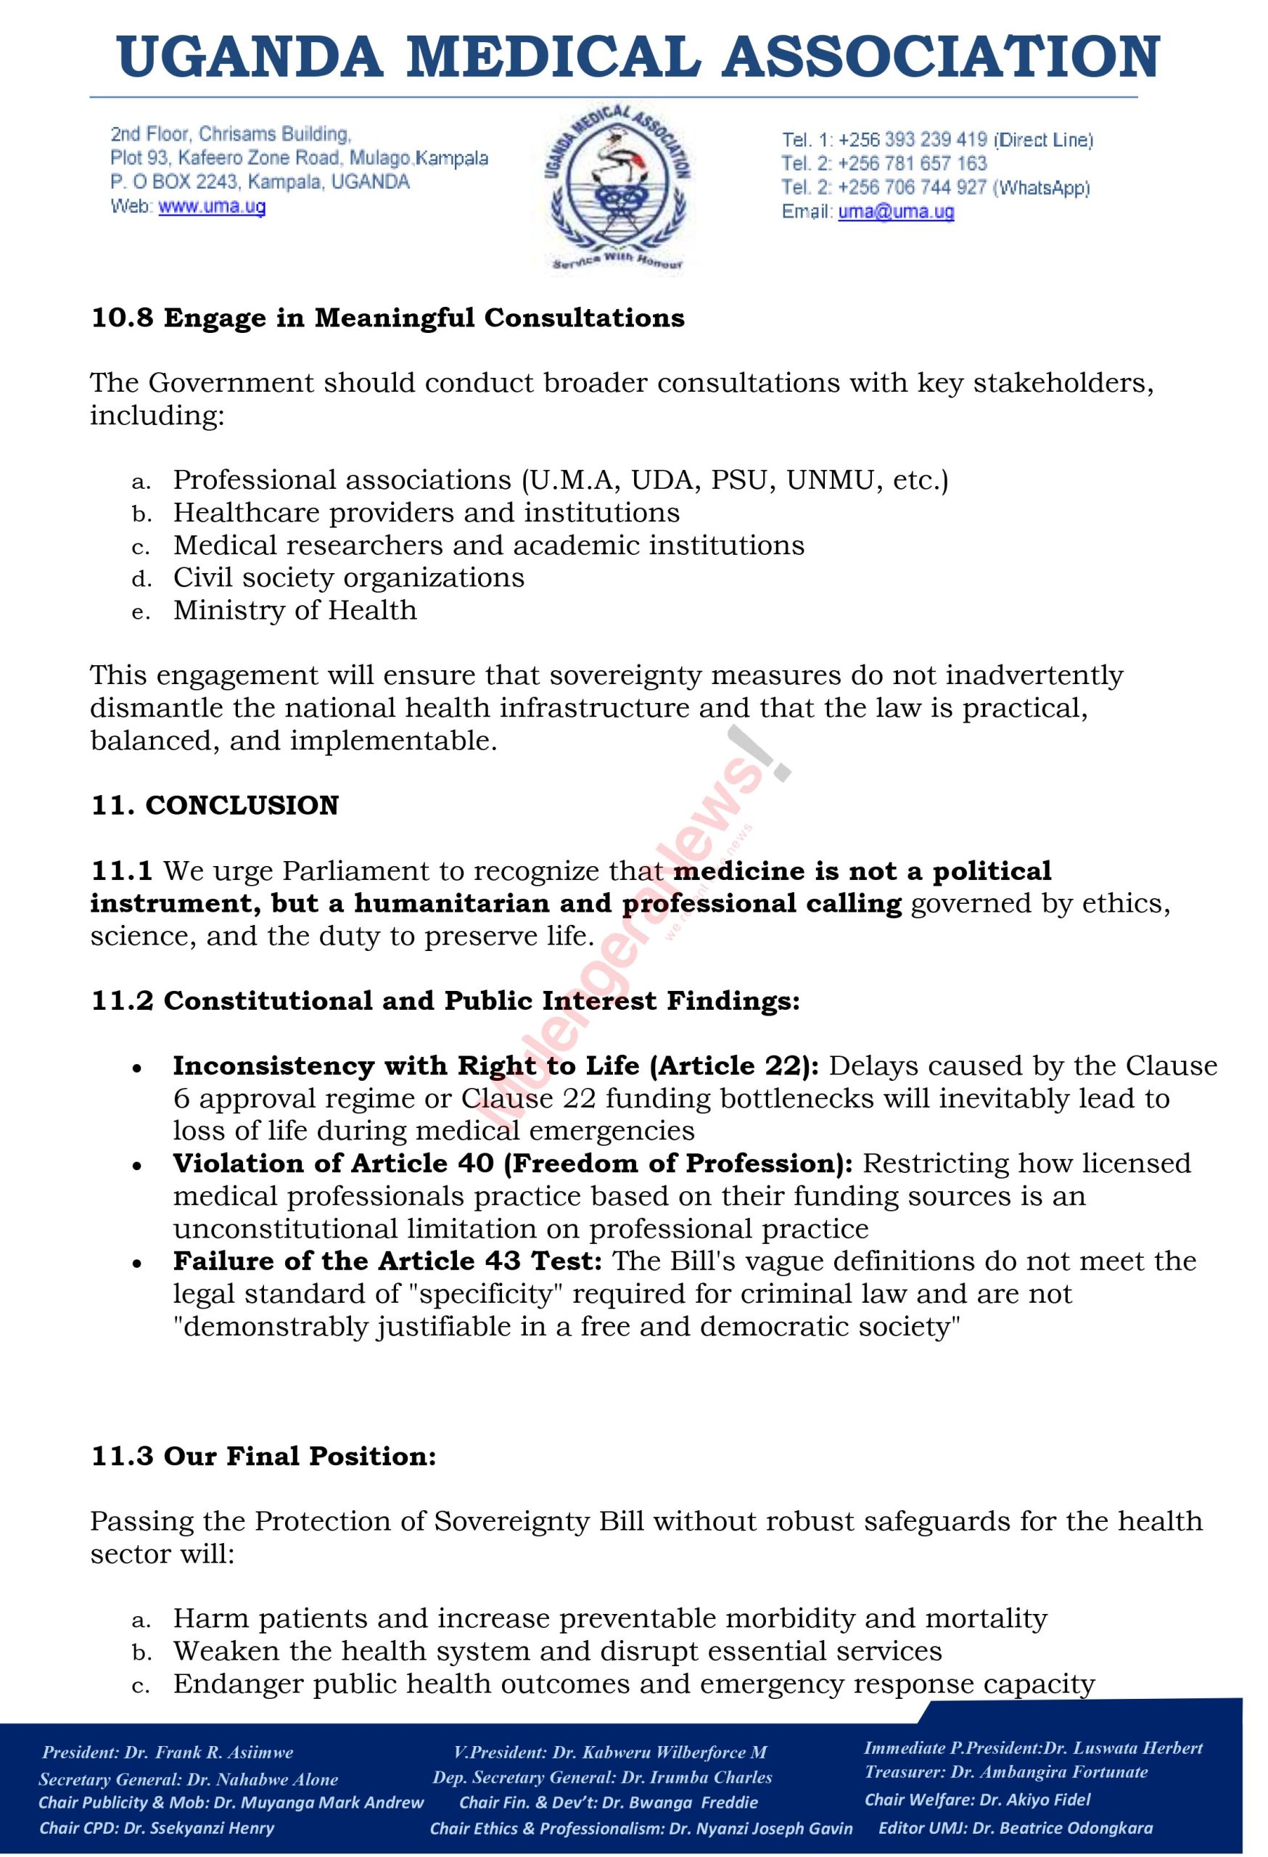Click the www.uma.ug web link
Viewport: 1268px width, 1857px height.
[x=212, y=207]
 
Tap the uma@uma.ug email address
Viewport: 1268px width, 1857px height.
[x=896, y=212]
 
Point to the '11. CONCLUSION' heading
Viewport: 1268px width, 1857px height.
[x=215, y=805]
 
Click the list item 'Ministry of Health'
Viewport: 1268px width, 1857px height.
[x=295, y=611]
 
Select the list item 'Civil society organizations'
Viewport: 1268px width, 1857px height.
[x=348, y=577]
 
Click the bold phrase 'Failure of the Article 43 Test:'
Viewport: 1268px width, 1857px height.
[x=387, y=1261]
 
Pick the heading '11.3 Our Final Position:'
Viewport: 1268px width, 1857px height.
[x=263, y=1456]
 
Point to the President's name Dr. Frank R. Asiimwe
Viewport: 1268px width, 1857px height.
[x=208, y=1753]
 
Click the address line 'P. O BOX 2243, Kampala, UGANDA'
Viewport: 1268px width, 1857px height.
[x=260, y=181]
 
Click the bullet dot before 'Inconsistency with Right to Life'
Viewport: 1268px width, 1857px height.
[x=139, y=1069]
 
